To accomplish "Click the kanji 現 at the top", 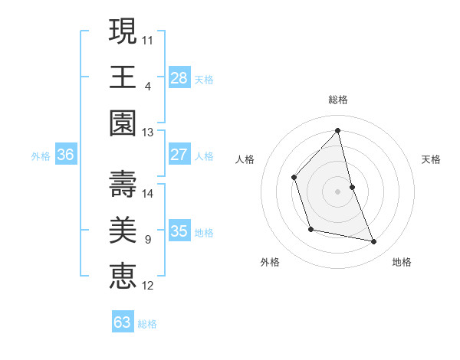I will click(123, 32).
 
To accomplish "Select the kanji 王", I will click(123, 77).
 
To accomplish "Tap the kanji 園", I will click(123, 123).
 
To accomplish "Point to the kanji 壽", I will click(123, 185).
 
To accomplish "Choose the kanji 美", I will click(123, 231).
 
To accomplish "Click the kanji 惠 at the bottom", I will click(123, 277).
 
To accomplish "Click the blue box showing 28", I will click(179, 77).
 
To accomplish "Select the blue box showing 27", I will click(179, 155).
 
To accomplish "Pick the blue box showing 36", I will click(65, 155).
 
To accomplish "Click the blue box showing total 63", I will click(122, 322).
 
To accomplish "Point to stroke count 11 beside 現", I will click(148, 39).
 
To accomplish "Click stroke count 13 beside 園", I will click(148, 132).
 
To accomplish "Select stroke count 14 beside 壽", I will click(148, 193).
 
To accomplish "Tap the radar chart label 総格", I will click(338, 100).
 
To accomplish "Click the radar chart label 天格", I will click(432, 159).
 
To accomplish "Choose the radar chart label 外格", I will click(270, 262).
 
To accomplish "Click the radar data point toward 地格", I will click(374, 242).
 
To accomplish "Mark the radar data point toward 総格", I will click(338, 130).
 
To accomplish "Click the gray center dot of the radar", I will click(338, 191).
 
